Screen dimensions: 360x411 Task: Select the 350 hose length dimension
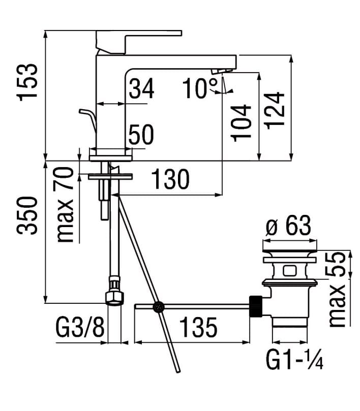click(27, 215)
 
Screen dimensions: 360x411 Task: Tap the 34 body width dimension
click(141, 88)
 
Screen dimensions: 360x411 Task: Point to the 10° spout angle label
click(200, 88)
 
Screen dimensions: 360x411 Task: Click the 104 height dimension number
click(241, 123)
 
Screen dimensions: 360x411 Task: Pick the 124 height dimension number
click(274, 111)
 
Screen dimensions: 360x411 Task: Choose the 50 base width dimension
click(141, 135)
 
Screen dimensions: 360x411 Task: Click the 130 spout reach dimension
click(170, 179)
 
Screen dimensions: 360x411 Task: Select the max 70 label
click(65, 205)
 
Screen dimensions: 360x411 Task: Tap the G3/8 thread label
click(80, 327)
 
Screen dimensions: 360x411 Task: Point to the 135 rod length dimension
click(199, 327)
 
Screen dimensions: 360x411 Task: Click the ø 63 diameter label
click(288, 226)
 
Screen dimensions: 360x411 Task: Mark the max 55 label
click(338, 289)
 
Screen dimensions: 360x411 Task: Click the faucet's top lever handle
click(139, 42)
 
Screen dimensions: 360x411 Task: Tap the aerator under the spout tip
click(222, 71)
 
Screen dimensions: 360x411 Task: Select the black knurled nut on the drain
click(256, 306)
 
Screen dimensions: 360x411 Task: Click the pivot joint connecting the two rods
click(159, 307)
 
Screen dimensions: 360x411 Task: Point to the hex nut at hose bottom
click(115, 298)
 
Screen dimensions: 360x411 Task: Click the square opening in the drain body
click(289, 270)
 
